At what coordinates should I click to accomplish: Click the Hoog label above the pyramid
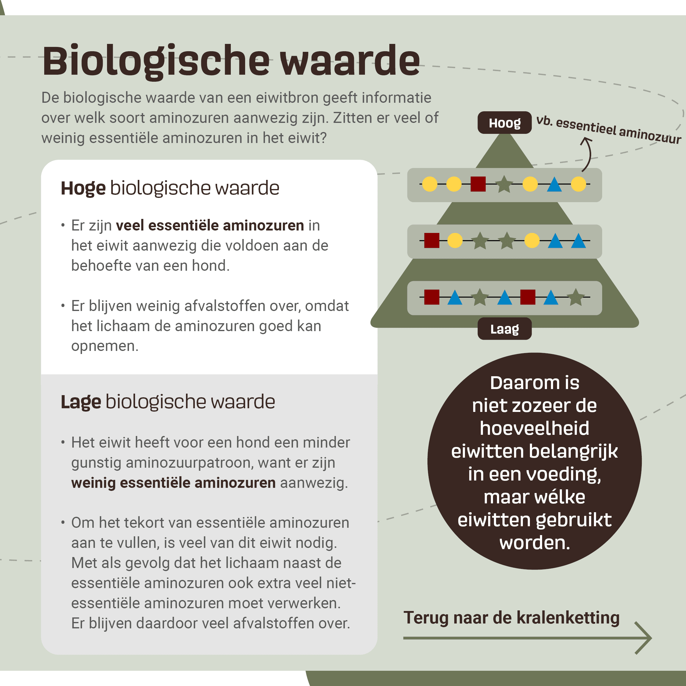click(505, 123)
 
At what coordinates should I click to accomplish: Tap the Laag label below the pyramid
click(505, 329)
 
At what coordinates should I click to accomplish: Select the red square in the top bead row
click(478, 184)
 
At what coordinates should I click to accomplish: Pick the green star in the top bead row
click(504, 184)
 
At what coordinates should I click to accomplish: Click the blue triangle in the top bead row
click(554, 184)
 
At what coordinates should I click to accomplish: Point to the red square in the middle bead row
click(432, 240)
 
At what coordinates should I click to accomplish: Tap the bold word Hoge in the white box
click(83, 188)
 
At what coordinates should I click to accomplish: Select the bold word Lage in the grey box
click(81, 402)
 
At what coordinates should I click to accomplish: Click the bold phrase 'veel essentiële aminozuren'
click(210, 226)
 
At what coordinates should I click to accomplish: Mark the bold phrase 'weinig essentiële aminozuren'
click(173, 483)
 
